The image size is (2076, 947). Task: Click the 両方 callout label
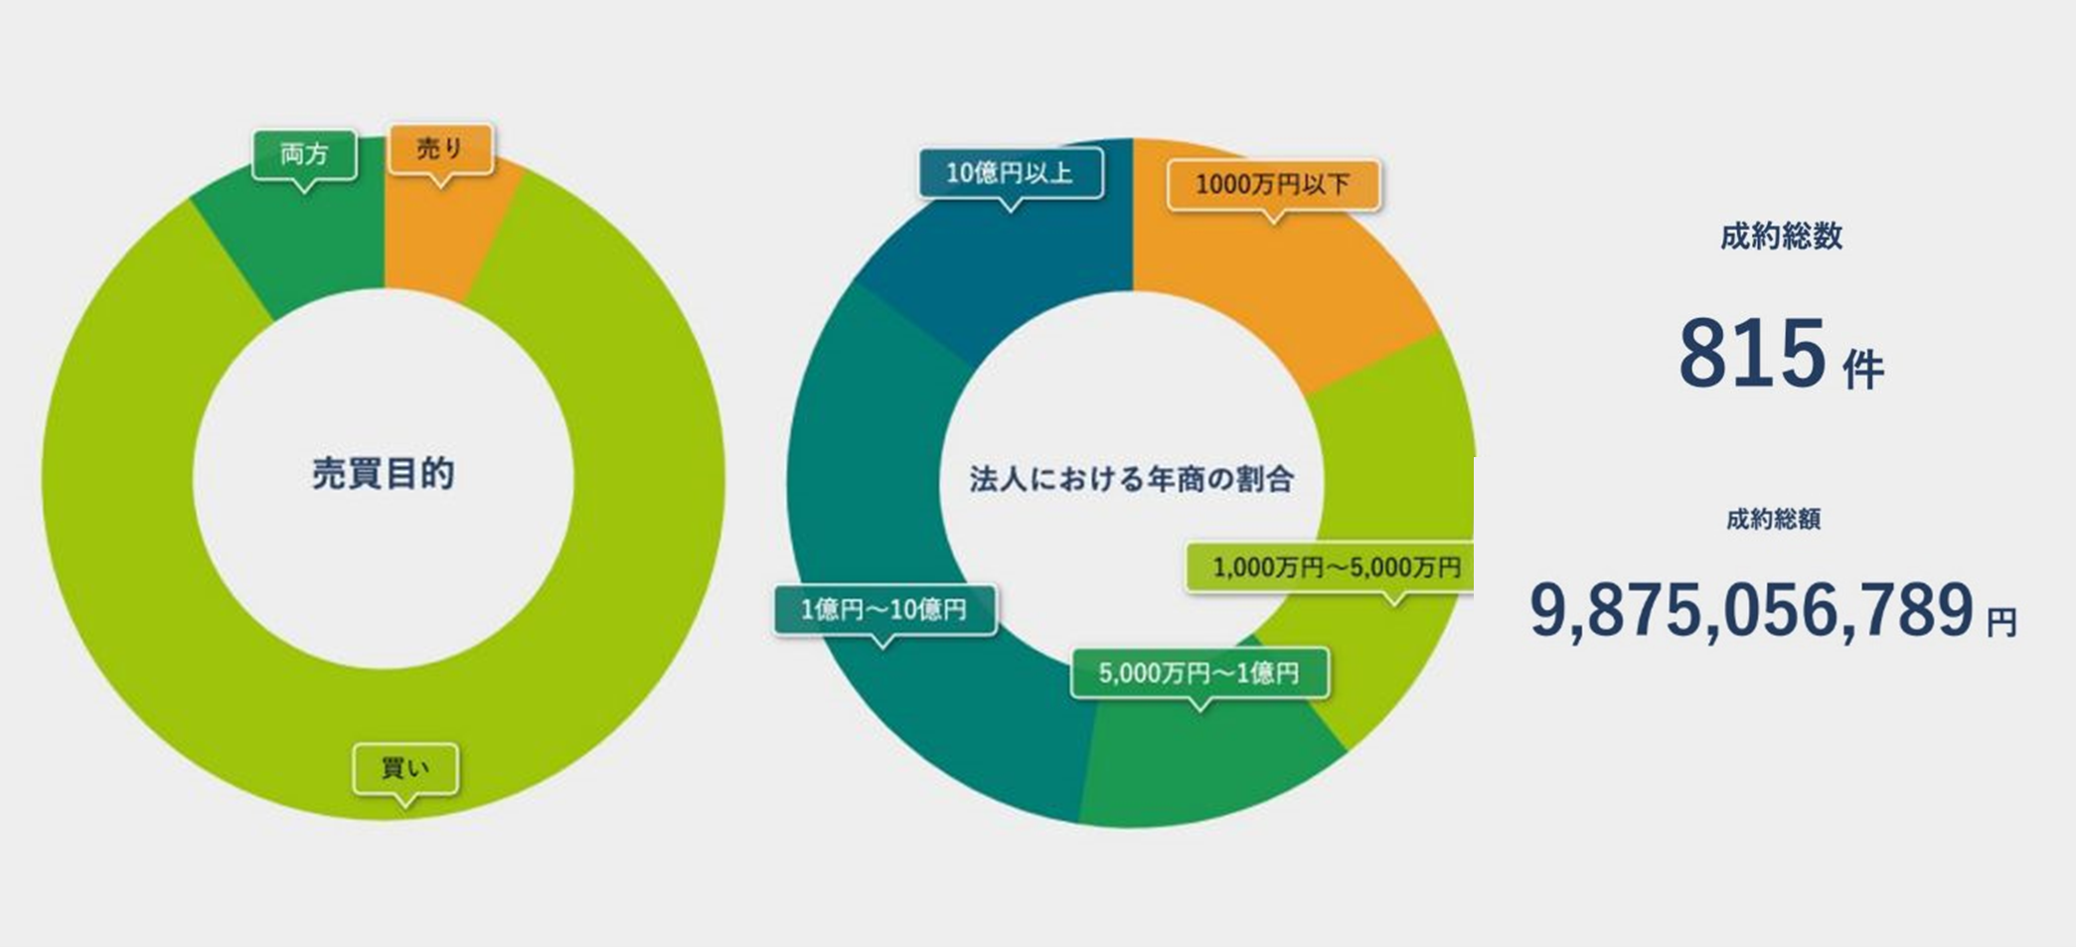click(x=304, y=155)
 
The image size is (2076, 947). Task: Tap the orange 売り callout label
click(x=440, y=149)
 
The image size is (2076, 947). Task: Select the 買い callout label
click(x=405, y=769)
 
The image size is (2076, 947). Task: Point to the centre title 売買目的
click(x=384, y=474)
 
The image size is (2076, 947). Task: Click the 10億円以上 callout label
click(x=1010, y=173)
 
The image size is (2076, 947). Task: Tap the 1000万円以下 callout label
click(x=1273, y=184)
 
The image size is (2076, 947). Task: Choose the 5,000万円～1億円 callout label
click(x=1198, y=673)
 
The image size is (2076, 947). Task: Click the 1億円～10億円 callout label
click(x=883, y=609)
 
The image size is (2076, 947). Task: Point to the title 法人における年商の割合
click(x=1132, y=479)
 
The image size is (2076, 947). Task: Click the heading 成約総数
click(x=1781, y=237)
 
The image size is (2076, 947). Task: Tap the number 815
click(x=1752, y=354)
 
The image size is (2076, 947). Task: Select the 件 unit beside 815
click(x=1862, y=370)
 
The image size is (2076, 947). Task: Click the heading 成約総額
click(x=1773, y=519)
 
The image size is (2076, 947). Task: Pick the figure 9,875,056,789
click(x=1751, y=610)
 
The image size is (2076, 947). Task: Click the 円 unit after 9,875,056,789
click(x=2001, y=623)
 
